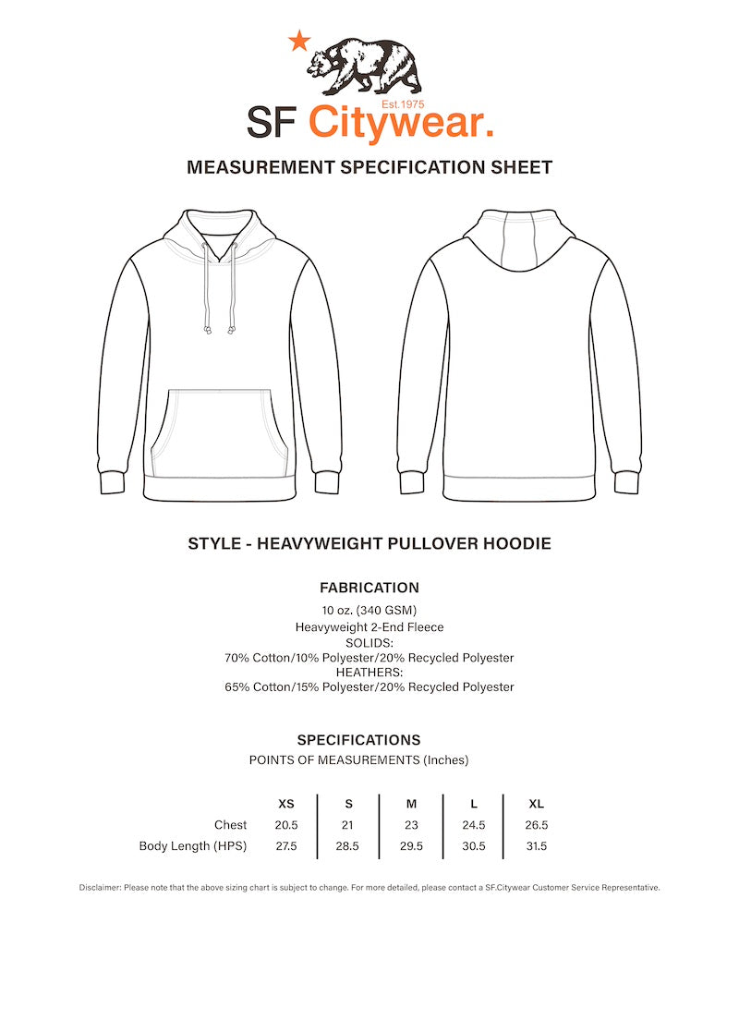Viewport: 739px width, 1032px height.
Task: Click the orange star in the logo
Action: tap(298, 41)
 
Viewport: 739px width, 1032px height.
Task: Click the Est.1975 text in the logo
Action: tap(403, 104)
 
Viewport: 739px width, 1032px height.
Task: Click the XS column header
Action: tap(286, 804)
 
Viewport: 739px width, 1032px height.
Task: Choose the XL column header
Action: tap(536, 804)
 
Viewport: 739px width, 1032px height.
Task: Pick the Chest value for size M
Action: tap(411, 825)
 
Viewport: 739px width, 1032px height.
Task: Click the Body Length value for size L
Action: tap(474, 845)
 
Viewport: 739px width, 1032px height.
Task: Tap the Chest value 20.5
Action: tap(286, 825)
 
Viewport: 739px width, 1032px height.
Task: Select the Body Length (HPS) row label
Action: tap(193, 845)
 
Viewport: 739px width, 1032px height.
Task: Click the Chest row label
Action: tap(230, 825)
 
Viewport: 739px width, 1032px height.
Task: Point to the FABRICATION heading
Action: tap(369, 588)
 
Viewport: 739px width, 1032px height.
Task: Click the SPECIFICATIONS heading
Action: tap(358, 740)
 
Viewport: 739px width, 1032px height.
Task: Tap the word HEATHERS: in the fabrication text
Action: tap(369, 672)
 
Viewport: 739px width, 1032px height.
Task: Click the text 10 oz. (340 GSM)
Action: tap(369, 610)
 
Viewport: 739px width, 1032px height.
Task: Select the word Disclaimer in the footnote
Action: tap(100, 888)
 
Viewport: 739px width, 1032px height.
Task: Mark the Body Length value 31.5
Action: tap(536, 845)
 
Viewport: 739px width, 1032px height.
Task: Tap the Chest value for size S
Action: tap(348, 825)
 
